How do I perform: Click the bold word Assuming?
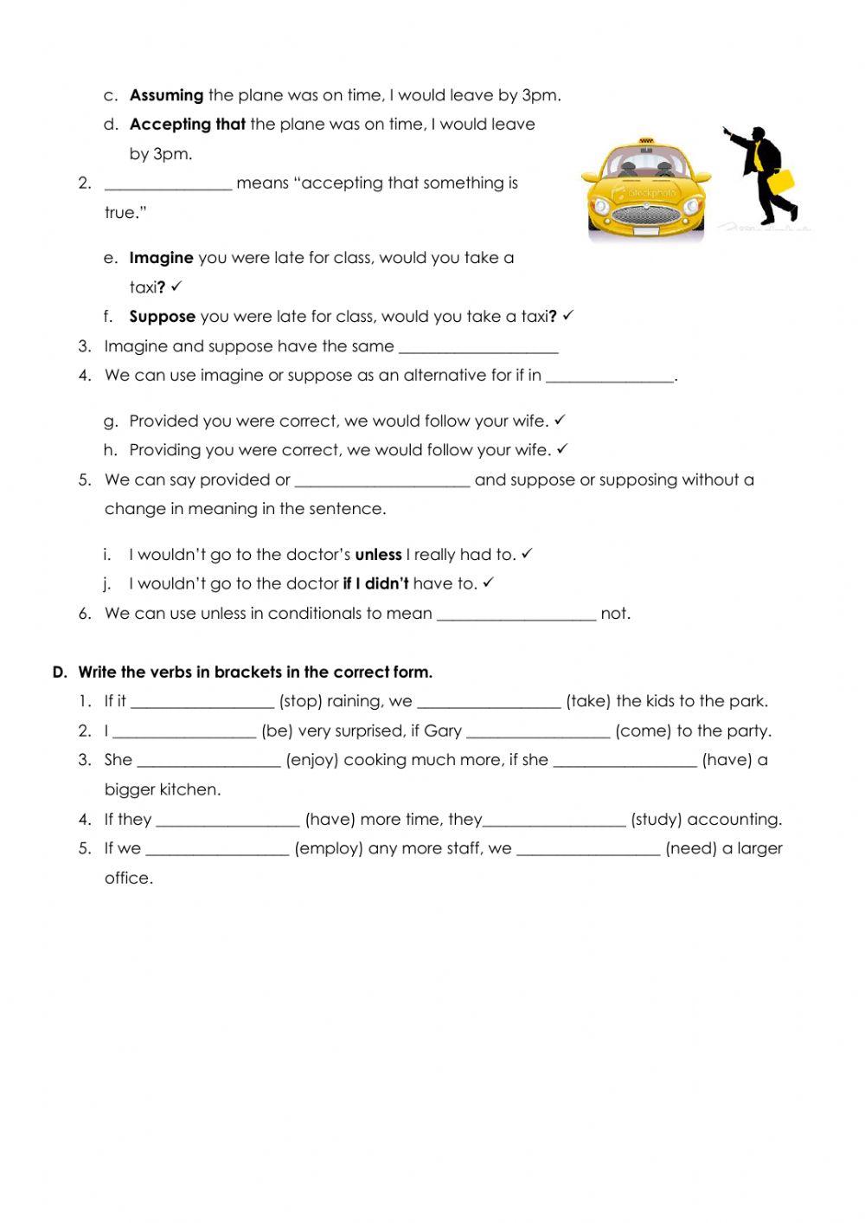(x=166, y=95)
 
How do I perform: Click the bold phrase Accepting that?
(x=187, y=125)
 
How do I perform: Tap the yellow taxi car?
(x=645, y=190)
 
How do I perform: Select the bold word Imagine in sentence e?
(x=161, y=258)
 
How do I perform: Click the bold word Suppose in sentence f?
(x=162, y=317)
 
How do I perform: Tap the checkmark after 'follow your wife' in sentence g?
(x=560, y=420)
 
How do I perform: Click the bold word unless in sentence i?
(x=378, y=555)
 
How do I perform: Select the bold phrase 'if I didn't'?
(x=375, y=584)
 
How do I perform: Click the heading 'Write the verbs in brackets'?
(x=255, y=673)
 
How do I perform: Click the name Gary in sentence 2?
(x=443, y=731)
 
